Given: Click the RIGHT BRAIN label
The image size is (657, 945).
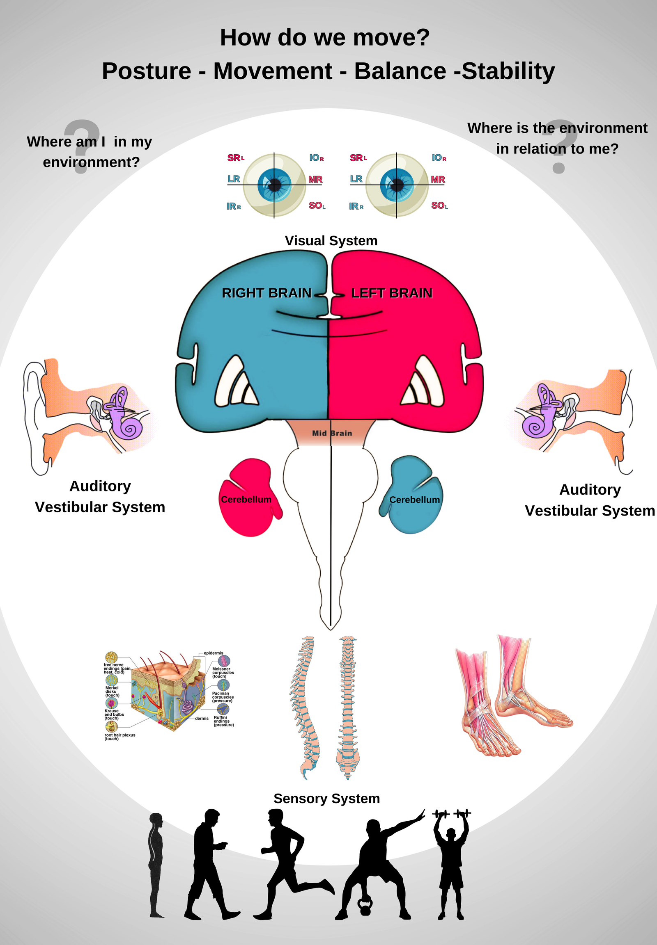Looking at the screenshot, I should coord(266,293).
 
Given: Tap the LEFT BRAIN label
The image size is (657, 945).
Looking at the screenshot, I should coord(391,293).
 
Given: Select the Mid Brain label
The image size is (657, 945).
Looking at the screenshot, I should coord(332,433).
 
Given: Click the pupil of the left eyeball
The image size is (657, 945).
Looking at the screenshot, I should coord(275,185).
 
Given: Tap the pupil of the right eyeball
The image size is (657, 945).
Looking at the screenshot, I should coord(397,185).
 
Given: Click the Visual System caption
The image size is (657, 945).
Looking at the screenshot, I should coord(331,241).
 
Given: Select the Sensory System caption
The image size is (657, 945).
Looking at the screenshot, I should coord(326,798).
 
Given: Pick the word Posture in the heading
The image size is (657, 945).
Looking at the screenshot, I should coord(146,71).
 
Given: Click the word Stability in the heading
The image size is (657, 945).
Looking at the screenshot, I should coord(508,71).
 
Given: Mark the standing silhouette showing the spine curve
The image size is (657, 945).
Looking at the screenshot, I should coord(156,863).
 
